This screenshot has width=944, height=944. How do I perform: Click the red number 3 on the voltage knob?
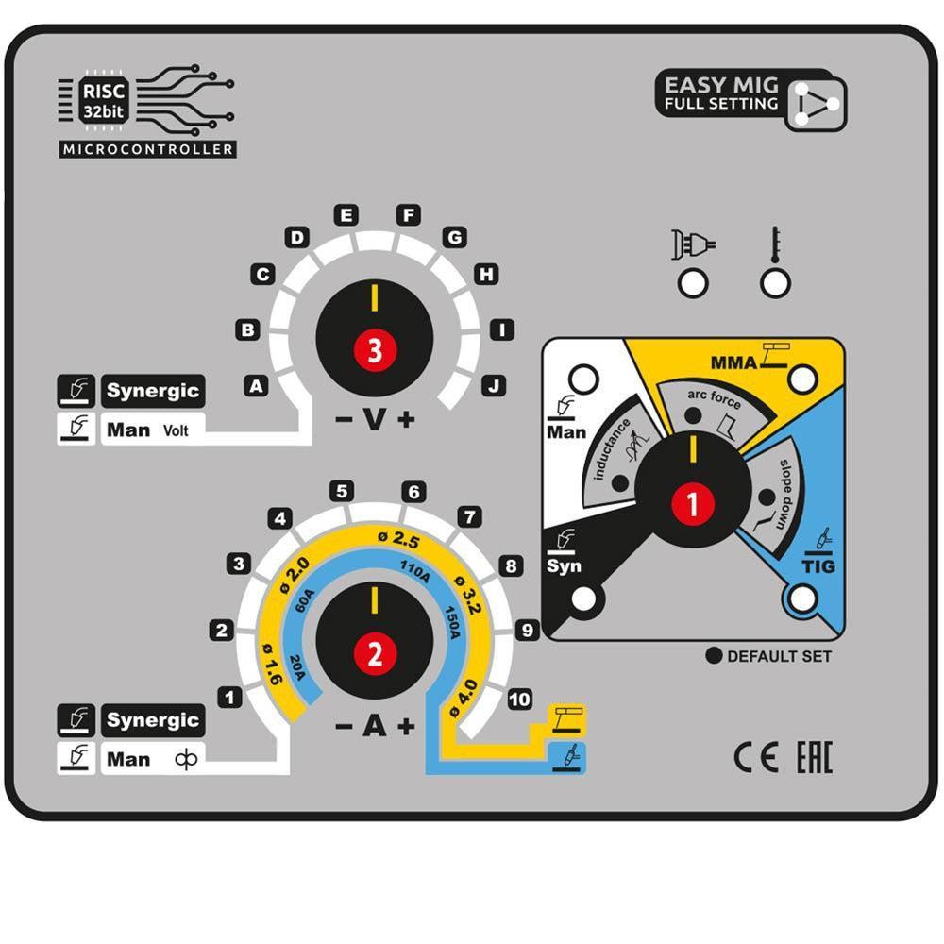[x=375, y=351]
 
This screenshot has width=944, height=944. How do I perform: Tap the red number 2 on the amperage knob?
[x=375, y=653]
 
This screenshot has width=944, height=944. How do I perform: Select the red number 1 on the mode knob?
[x=693, y=505]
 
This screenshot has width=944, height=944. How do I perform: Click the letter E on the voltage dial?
[x=346, y=215]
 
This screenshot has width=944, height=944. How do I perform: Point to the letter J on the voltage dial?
[x=492, y=384]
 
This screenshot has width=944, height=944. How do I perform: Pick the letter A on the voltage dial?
[x=255, y=384]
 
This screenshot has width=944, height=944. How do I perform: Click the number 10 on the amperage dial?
[x=518, y=700]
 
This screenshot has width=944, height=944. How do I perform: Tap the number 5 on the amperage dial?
[x=342, y=491]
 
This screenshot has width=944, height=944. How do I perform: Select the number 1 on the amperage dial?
[x=229, y=698]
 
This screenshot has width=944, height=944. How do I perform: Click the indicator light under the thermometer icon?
[x=775, y=282]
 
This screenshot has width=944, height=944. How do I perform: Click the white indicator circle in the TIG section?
[x=802, y=599]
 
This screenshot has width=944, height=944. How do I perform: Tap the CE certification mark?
[x=756, y=758]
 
